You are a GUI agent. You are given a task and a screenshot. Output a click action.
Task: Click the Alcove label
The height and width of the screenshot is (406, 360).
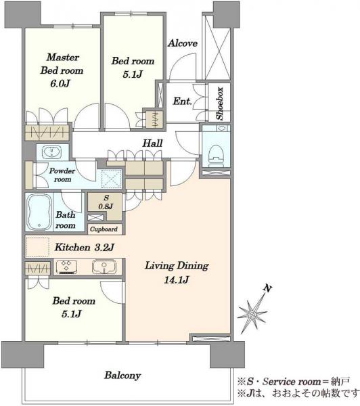pyautogui.click(x=182, y=43)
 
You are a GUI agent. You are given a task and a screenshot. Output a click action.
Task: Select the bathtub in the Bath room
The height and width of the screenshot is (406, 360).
pyautogui.click(x=39, y=212)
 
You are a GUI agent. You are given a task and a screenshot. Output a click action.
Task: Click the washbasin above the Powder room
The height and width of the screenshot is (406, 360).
pyautogui.click(x=52, y=151)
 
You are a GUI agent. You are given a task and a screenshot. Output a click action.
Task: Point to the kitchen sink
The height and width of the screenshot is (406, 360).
pyautogui.click(x=104, y=267)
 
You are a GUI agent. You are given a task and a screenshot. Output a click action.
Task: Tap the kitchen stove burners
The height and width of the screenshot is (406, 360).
pyautogui.click(x=66, y=267)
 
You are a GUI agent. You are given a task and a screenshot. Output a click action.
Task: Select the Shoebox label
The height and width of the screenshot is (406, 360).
pyautogui.click(x=220, y=104)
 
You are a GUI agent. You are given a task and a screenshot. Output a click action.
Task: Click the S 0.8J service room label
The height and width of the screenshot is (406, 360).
pyautogui.click(x=106, y=202)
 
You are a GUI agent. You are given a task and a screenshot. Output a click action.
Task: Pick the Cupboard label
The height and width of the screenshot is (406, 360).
pyautogui.click(x=104, y=229)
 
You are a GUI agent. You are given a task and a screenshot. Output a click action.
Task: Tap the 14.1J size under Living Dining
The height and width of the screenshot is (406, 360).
pyautogui.click(x=177, y=279)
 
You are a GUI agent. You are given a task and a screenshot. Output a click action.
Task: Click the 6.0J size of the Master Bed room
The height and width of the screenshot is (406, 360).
pyautogui.click(x=60, y=83)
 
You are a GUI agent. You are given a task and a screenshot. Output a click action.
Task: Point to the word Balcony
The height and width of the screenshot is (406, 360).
pyautogui.click(x=122, y=375)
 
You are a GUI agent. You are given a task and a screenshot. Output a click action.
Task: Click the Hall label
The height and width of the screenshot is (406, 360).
pyautogui.click(x=152, y=143)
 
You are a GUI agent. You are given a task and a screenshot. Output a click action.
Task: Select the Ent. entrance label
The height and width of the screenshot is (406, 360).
pyautogui.click(x=182, y=101)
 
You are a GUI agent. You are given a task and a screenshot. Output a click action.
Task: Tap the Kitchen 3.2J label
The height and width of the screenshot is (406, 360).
pyautogui.click(x=84, y=247)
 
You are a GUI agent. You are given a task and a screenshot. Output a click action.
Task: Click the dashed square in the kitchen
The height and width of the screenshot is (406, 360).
pyautogui.click(x=37, y=247)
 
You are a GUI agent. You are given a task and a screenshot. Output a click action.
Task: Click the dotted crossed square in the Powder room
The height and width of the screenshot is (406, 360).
pyautogui.click(x=112, y=179)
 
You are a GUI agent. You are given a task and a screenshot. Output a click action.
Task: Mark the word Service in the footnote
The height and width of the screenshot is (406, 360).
pyautogui.click(x=279, y=382)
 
